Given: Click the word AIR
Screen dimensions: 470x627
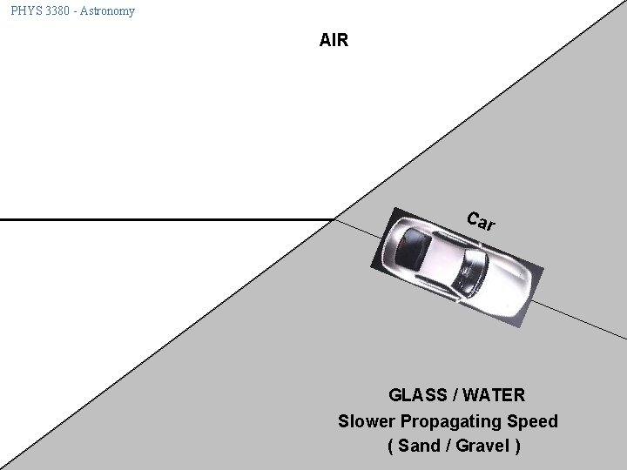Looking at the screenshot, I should pyautogui.click(x=334, y=40).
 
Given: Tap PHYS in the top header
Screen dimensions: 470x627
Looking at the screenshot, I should pyautogui.click(x=26, y=11).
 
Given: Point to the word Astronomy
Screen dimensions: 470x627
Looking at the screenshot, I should pyautogui.click(x=109, y=11).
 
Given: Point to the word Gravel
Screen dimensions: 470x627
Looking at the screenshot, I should pyautogui.click(x=481, y=446).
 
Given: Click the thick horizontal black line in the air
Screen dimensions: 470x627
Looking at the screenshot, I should pyautogui.click(x=165, y=220).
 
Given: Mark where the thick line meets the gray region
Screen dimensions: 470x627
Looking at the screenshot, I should pyautogui.click(x=334, y=220).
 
